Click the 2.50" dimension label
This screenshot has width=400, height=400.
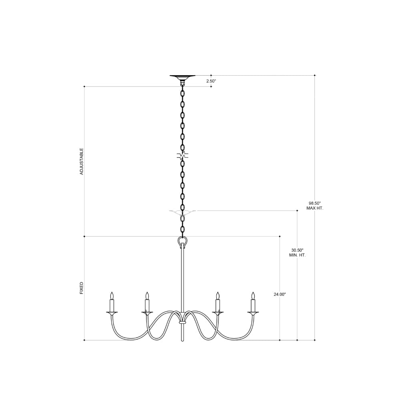[211, 81]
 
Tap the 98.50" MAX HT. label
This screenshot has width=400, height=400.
[315, 206]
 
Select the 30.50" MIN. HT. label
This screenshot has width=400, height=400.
[298, 252]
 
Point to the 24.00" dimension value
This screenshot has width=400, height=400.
[280, 294]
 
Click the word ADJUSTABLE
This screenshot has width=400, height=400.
[82, 162]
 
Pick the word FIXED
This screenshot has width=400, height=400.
[82, 288]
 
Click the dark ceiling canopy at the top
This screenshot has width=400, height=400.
[182, 77]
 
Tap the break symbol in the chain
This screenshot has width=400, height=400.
[182, 156]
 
